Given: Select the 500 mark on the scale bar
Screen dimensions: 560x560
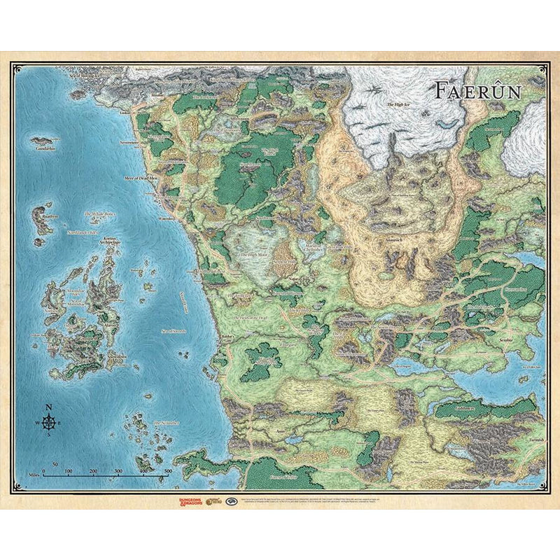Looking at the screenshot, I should point(167,471).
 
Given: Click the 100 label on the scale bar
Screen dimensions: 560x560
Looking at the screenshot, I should point(69,471).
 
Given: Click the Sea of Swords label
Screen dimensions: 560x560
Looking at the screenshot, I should point(173,331).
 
